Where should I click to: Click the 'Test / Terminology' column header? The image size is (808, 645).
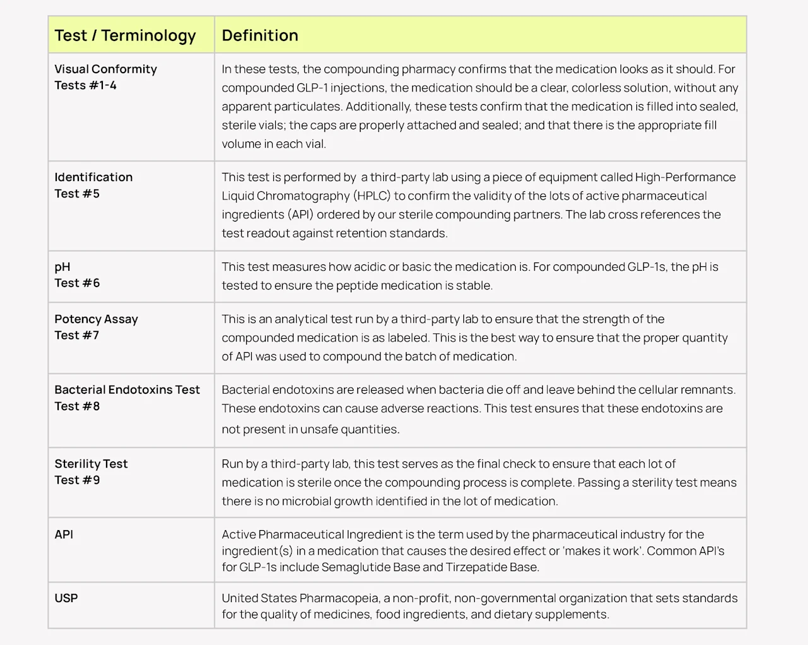pyautogui.click(x=125, y=35)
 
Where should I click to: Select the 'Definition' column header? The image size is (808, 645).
pyautogui.click(x=259, y=35)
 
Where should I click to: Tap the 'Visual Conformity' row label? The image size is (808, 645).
pyautogui.click(x=105, y=69)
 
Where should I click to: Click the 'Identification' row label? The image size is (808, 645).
pyautogui.click(x=93, y=177)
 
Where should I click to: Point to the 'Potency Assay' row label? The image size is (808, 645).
pyautogui.click(x=96, y=319)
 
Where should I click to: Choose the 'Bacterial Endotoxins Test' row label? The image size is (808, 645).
pyautogui.click(x=127, y=390)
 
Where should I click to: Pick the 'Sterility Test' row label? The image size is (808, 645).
pyautogui.click(x=91, y=464)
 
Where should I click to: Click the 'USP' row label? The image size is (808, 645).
pyautogui.click(x=66, y=598)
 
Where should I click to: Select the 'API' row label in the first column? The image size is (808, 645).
pyautogui.click(x=64, y=535)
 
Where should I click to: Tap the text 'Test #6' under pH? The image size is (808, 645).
pyautogui.click(x=77, y=283)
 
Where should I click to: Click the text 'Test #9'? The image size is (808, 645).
pyautogui.click(x=77, y=480)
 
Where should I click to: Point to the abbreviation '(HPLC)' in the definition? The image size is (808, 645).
pyautogui.click(x=372, y=196)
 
